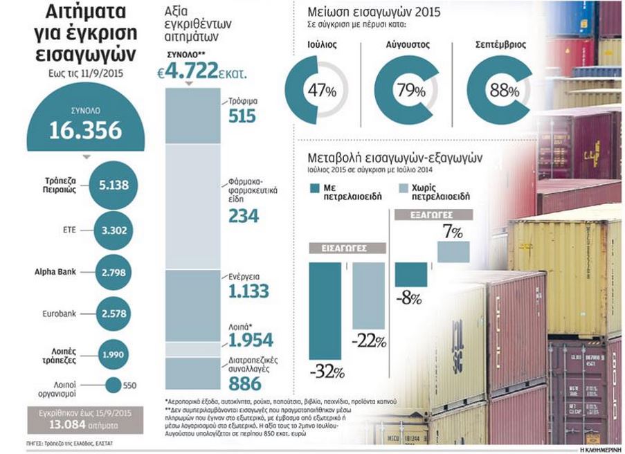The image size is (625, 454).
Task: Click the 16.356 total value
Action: [x=85, y=130]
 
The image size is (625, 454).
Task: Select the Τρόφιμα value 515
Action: [x=242, y=116]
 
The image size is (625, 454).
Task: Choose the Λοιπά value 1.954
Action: [x=251, y=339]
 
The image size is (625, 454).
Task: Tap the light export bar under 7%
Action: [x=453, y=252]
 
